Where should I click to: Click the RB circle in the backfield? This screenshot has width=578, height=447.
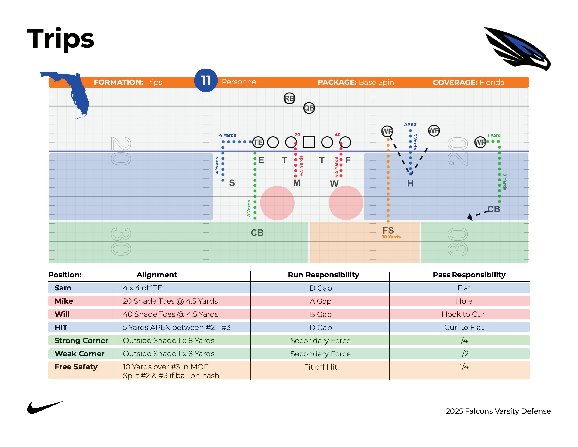tap(289, 99)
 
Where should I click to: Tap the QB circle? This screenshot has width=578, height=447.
tap(309, 108)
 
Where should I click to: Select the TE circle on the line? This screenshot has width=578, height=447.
tap(258, 142)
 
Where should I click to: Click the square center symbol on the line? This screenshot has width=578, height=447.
tap(309, 142)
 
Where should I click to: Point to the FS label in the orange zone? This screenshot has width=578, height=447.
tap(388, 230)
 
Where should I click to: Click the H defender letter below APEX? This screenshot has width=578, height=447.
tap(410, 183)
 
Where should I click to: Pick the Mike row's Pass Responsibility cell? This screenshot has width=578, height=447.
tap(464, 301)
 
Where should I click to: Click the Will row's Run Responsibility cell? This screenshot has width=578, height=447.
tap(321, 314)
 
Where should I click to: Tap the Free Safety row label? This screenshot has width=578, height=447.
tap(76, 367)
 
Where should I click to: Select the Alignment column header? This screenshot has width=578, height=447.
tap(157, 275)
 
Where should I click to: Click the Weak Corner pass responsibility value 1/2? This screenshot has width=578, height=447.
tap(464, 354)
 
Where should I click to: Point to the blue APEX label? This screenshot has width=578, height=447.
tap(410, 124)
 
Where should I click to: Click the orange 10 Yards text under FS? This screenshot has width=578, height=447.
tap(391, 237)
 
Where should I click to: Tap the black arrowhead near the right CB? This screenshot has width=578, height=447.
tap(470, 217)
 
